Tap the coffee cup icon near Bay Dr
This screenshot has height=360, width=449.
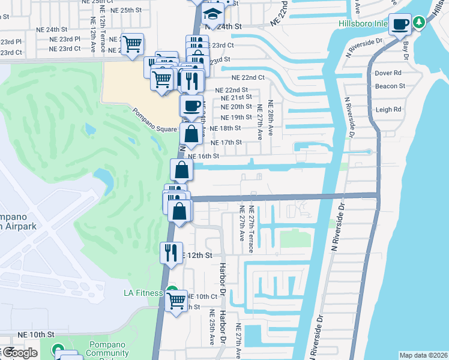pos(400,25)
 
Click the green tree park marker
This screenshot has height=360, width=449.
pos(419,23)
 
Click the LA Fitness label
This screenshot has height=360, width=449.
pos(143,293)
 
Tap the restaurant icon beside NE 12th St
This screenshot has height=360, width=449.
pos(170,253)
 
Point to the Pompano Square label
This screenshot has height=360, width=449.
pos(155,121)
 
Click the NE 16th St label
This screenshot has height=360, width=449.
pos(204,156)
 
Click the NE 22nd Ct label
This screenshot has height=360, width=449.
pos(248,77)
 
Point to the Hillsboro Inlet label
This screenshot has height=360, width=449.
pos(363,26)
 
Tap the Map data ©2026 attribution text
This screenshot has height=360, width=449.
pos(423,355)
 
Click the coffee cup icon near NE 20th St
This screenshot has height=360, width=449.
pos(191,106)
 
